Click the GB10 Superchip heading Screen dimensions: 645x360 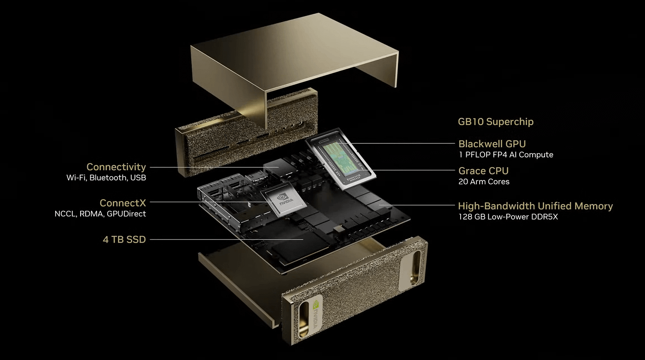point(496,122)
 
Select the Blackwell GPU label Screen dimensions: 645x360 point(492,144)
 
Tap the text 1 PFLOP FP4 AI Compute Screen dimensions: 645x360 point(506,155)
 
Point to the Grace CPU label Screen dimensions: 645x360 point(483,171)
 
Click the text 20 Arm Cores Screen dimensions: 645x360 point(484,181)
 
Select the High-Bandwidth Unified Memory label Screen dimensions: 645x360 point(535,206)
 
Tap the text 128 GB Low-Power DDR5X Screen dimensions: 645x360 point(508,217)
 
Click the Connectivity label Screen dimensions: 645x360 point(116,167)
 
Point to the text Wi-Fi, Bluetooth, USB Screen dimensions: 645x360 point(106,178)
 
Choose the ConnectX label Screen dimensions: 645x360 point(123,203)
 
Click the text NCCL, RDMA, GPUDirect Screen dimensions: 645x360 point(100,214)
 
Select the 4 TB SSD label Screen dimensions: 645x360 point(124,239)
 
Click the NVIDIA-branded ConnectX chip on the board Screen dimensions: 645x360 point(284,200)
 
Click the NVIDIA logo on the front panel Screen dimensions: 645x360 point(317,314)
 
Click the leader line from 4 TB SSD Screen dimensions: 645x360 point(227,239)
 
